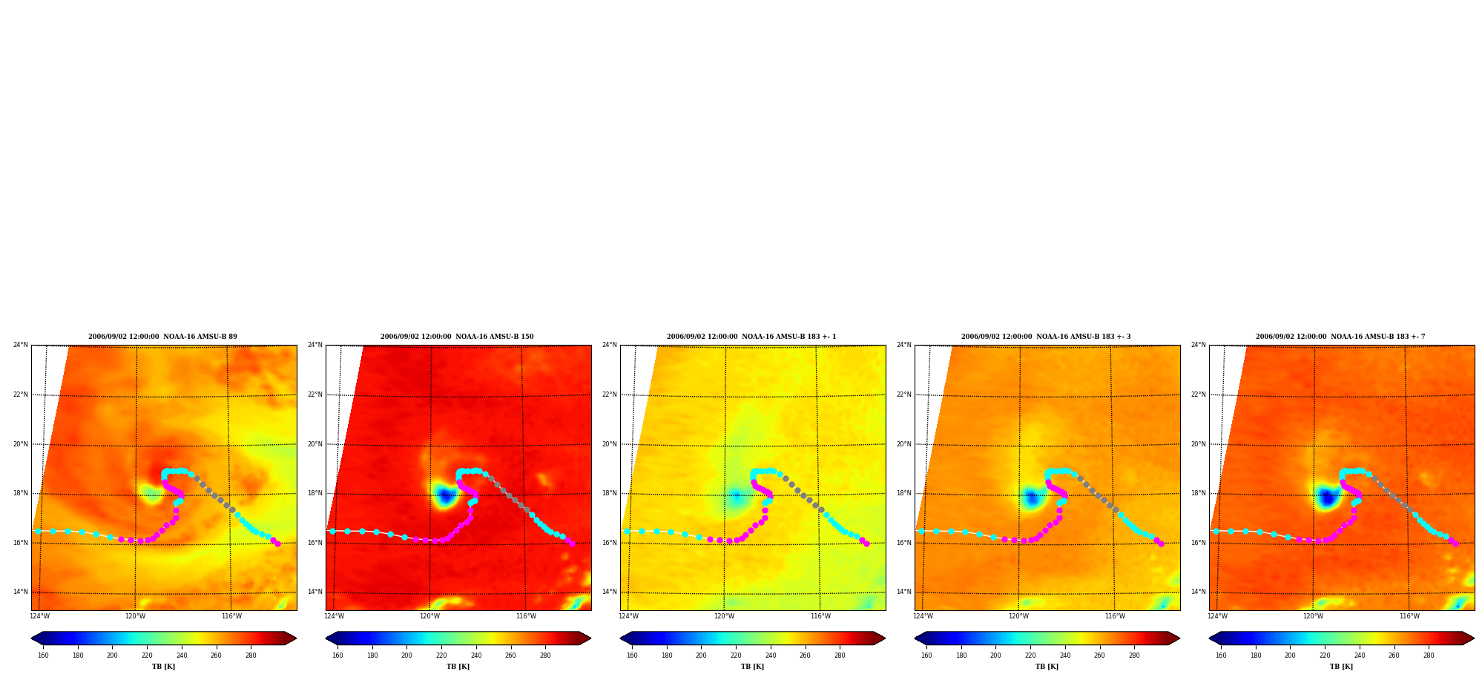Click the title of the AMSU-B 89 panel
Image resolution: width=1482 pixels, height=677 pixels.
(x=162, y=337)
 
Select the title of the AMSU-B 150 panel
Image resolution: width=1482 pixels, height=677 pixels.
(x=457, y=337)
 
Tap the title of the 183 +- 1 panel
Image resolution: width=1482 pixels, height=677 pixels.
(x=751, y=337)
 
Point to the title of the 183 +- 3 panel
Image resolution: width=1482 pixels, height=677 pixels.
(x=1046, y=337)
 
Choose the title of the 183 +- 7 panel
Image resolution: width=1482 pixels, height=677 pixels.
(x=1340, y=337)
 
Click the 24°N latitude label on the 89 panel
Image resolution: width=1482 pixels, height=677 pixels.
(x=21, y=345)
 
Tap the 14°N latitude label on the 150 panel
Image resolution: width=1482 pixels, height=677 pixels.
(x=315, y=592)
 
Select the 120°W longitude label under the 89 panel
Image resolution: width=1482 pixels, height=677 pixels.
(x=135, y=616)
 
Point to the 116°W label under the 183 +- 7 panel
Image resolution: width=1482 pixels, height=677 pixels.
(x=1409, y=616)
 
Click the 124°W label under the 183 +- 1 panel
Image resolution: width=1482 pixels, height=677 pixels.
(x=628, y=616)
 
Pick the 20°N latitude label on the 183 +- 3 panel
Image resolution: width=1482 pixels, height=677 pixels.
(x=904, y=444)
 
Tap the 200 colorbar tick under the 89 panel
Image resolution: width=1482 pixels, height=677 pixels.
(x=112, y=655)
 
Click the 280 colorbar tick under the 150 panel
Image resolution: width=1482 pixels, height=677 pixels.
(x=545, y=655)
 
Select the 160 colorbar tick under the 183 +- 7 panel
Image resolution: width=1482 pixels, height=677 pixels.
(x=1221, y=655)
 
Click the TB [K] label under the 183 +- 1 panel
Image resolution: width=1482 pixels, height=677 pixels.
(x=752, y=667)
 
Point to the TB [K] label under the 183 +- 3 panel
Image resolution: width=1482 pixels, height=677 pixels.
(x=1047, y=667)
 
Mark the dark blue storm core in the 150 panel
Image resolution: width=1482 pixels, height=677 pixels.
(x=445, y=495)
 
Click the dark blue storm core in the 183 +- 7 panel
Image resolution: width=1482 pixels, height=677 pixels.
(x=1327, y=497)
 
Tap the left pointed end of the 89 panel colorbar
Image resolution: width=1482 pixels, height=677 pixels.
(x=32, y=638)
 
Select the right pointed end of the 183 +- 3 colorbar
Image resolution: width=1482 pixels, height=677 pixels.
(x=1179, y=638)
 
